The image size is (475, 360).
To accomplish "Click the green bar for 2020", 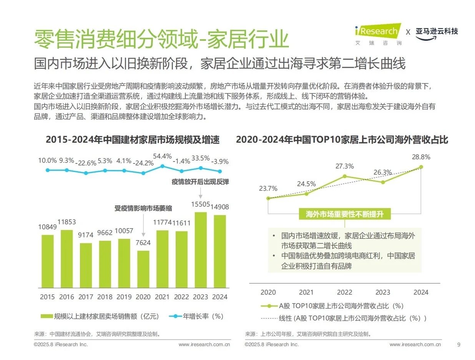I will click(x=143, y=269).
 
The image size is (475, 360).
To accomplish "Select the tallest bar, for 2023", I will click(x=201, y=250).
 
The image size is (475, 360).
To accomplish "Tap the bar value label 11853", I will click(x=67, y=222).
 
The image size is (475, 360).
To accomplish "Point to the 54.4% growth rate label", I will click(x=162, y=157).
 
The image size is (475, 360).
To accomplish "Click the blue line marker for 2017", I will click(x=86, y=173).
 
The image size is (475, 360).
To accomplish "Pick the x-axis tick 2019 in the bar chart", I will click(x=124, y=297).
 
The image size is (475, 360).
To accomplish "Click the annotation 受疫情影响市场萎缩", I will click(x=143, y=208).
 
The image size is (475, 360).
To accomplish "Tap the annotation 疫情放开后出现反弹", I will click(x=200, y=182).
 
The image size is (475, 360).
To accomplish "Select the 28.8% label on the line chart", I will click(x=421, y=157).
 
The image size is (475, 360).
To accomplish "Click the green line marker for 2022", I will click(x=345, y=176).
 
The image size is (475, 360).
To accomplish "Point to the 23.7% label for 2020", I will click(x=268, y=188).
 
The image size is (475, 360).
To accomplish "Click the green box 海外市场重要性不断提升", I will click(x=345, y=214).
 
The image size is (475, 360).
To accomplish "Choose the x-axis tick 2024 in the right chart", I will click(x=421, y=292).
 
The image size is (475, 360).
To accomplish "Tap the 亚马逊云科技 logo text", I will click(x=437, y=32).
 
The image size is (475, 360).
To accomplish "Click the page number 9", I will click(x=458, y=344).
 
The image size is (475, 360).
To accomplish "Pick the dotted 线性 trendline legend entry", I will click(x=344, y=318).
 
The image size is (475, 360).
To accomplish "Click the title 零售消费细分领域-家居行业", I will click(x=161, y=39).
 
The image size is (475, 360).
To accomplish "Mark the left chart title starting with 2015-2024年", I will click(x=133, y=140).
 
